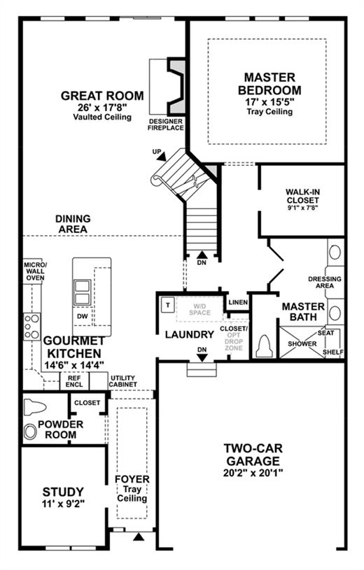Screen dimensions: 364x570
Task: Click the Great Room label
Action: tap(102, 96)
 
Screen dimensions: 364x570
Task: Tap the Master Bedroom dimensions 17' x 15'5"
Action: tap(269, 101)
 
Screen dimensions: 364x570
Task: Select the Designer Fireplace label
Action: tap(166, 124)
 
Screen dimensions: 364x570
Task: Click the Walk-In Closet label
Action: tap(302, 196)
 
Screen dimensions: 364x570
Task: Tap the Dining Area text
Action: tap(73, 224)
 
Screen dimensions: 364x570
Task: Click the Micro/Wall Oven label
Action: tap(35, 271)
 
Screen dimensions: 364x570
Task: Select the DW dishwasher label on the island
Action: tap(83, 316)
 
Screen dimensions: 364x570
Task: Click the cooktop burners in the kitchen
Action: tap(31, 327)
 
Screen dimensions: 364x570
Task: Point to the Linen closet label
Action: tap(239, 302)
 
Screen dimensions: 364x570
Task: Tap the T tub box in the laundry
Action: tap(168, 305)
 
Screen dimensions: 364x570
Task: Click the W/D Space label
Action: tap(199, 309)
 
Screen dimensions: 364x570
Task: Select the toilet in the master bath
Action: tap(265, 346)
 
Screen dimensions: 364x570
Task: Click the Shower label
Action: tap(302, 343)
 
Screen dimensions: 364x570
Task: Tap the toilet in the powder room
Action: tap(34, 407)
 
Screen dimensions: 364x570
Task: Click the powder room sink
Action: tap(30, 432)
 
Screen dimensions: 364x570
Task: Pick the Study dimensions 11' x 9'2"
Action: tap(64, 504)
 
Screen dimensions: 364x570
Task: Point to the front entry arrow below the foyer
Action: tap(139, 536)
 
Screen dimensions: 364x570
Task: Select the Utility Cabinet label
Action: tap(123, 381)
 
